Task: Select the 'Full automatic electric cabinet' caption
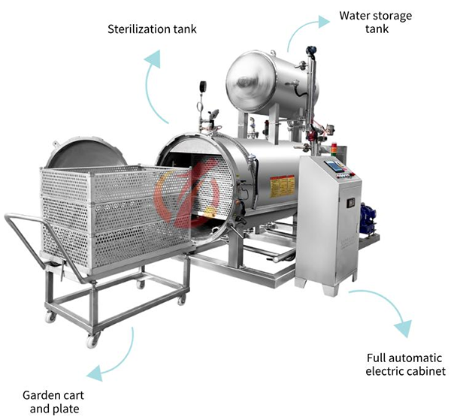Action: [406, 364]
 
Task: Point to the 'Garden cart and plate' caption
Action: [50, 400]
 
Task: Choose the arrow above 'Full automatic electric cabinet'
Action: [396, 316]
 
